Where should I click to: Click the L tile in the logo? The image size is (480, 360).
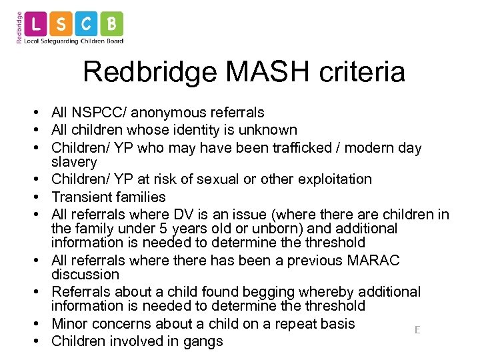pos(36,24)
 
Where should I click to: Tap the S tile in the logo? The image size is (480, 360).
pos(61,24)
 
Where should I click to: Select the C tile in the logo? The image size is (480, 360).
pos(87,24)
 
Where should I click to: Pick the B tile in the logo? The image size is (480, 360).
pos(111,24)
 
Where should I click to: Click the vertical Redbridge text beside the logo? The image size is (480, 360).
pos(19,27)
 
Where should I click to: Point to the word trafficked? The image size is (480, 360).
pos(297,147)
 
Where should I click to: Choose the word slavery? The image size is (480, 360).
pos(74,162)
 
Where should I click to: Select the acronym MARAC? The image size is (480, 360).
pos(373,259)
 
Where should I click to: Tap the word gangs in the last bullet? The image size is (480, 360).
pos(203,341)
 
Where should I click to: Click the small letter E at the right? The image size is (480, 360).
pos(417,330)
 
